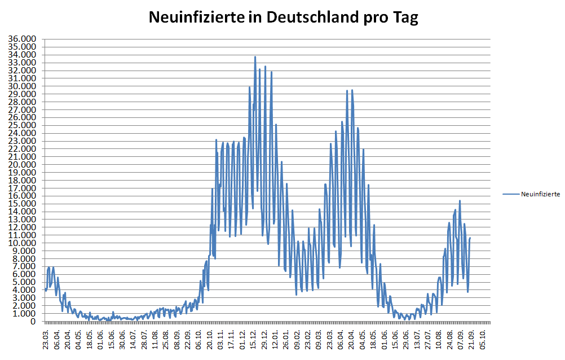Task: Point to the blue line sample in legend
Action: pyautogui.click(x=510, y=194)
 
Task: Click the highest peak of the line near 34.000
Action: pyautogui.click(x=255, y=56)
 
